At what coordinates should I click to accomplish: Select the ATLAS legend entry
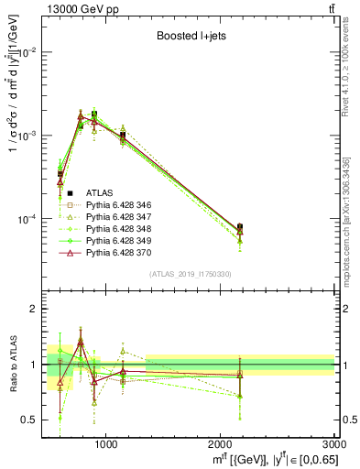click(99, 192)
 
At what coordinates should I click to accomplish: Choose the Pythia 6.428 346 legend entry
click(119, 204)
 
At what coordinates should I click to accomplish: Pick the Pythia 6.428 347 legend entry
click(119, 216)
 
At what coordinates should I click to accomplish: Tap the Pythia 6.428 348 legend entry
click(119, 228)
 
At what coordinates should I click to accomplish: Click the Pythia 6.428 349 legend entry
click(119, 240)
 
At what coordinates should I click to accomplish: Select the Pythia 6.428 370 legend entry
click(119, 252)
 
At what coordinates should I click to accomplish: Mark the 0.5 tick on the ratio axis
click(31, 420)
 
